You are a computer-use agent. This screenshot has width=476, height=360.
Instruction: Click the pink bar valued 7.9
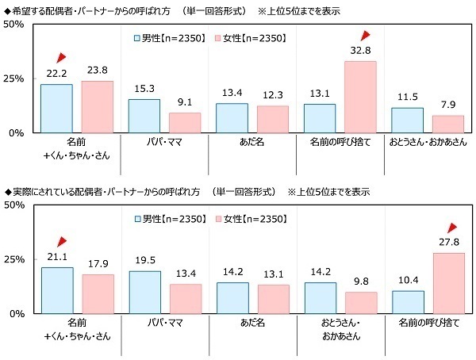click(447, 124)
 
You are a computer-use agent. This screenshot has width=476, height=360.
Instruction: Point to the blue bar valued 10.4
click(408, 302)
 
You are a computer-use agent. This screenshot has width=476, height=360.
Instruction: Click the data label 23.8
click(97, 68)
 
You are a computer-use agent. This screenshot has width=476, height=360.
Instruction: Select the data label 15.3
click(144, 87)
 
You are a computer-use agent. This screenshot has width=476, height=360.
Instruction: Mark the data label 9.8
click(360, 280)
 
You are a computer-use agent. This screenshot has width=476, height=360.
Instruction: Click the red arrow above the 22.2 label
click(61, 58)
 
